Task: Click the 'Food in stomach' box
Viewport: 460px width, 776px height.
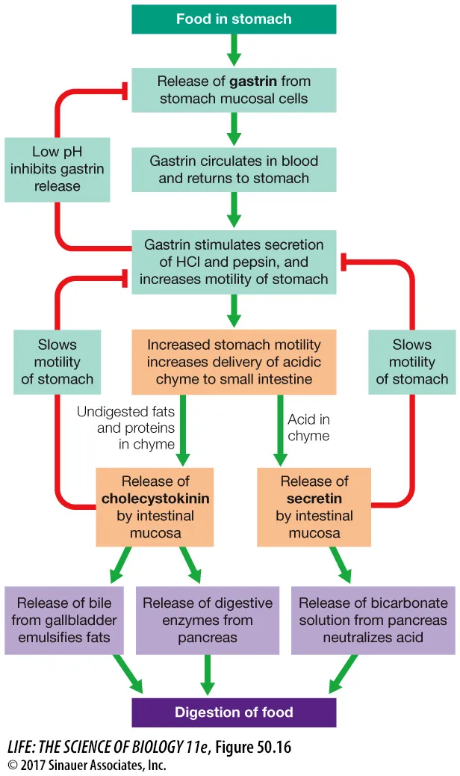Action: coord(234,19)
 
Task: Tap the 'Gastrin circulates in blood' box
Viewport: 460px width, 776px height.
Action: coord(234,169)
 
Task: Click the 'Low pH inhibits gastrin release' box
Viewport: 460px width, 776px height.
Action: coord(57,169)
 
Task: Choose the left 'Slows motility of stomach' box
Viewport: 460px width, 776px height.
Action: coord(57,362)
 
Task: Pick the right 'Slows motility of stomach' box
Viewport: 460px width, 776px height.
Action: coord(411,362)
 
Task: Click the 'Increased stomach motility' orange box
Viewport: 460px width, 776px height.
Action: coord(234,362)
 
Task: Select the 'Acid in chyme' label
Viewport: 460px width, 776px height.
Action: coord(308,428)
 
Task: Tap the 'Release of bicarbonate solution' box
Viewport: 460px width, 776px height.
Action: coord(373,620)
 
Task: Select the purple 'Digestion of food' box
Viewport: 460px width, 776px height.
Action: coord(234,712)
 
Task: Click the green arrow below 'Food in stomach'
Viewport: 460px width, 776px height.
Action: coord(234,50)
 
